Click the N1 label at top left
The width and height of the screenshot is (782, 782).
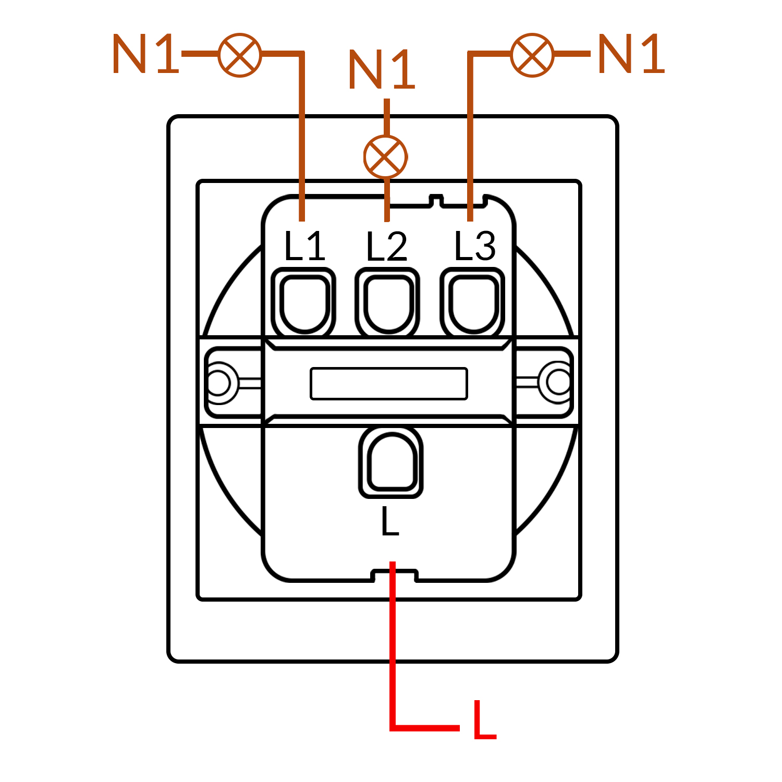point(145,54)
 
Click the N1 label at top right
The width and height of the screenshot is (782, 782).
point(631,54)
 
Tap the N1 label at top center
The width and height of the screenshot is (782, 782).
point(382,70)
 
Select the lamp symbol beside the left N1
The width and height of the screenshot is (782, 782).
point(240,55)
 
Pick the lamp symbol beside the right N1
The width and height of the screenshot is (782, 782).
point(532,55)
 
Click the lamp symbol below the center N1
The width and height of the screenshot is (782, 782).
point(385,156)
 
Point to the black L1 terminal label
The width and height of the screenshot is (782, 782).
point(304,246)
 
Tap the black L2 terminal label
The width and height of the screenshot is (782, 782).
point(386,247)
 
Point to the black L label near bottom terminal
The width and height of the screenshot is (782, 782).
point(389,521)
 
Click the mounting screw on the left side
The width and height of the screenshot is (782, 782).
point(218,383)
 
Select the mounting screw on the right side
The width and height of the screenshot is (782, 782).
point(559,382)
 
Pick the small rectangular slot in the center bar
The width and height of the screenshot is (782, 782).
point(389,384)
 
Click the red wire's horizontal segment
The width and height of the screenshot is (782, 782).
point(425,727)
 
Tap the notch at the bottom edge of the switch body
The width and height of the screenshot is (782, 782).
point(394,576)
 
